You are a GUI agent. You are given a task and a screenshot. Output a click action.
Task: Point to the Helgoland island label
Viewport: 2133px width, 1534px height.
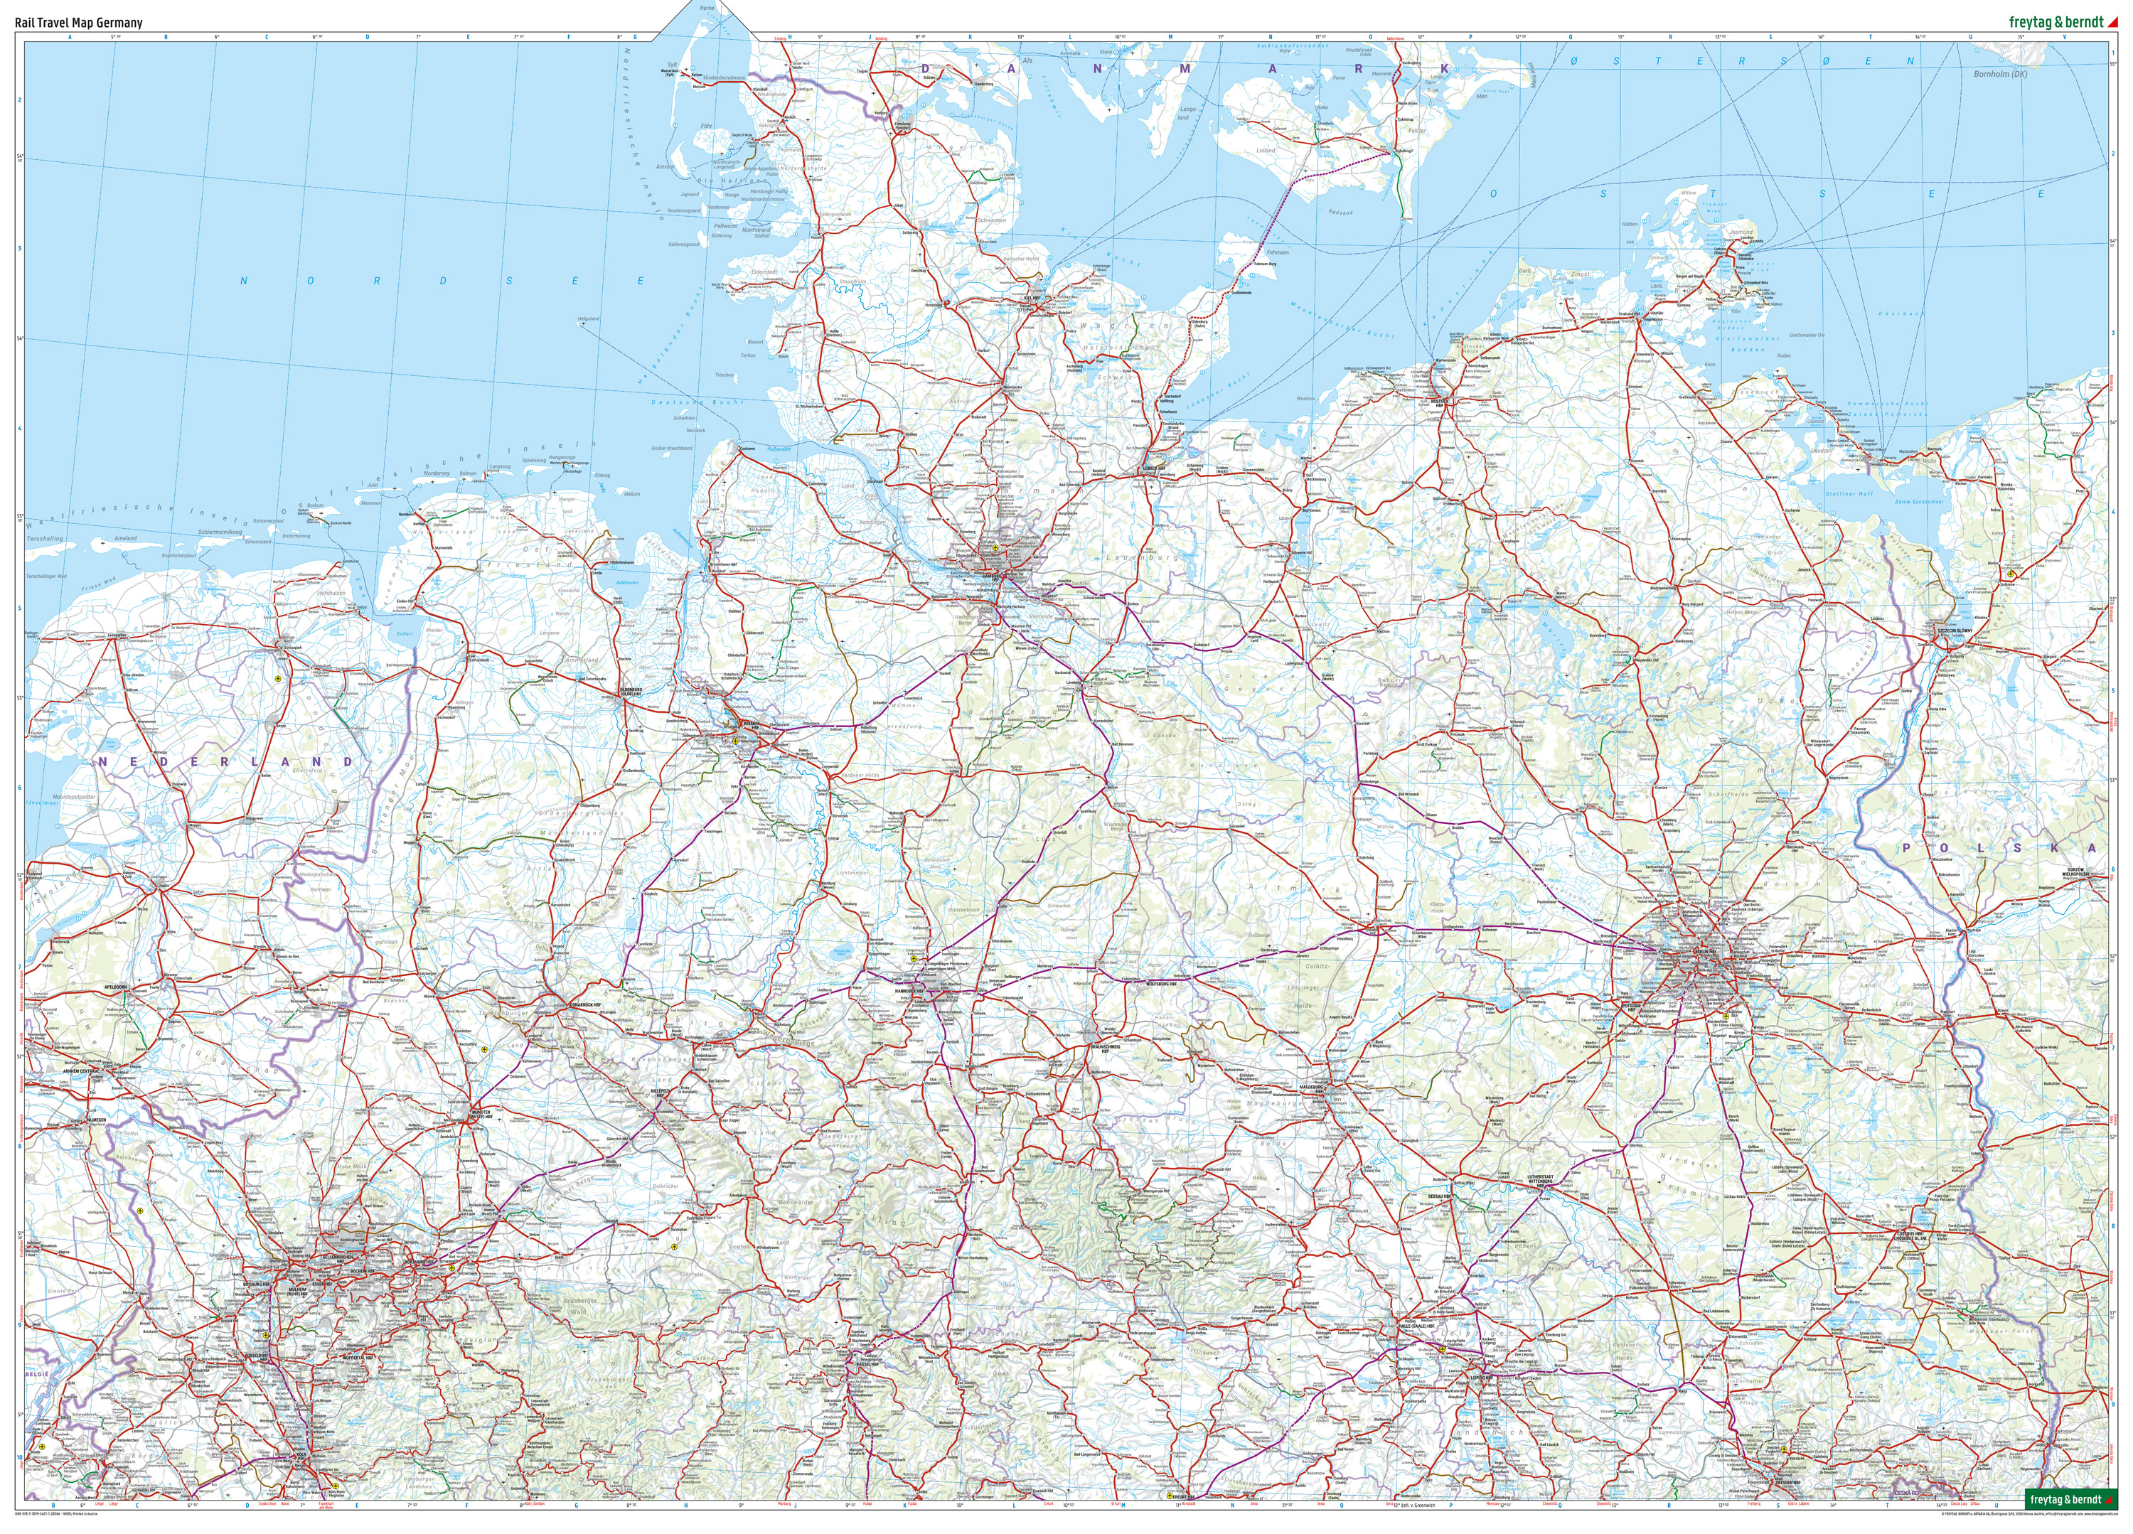(x=589, y=319)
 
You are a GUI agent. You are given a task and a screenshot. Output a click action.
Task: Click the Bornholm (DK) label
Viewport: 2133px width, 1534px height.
(x=2000, y=73)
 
